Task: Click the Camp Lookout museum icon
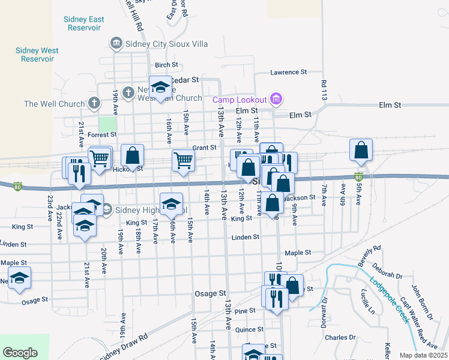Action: point(276,98)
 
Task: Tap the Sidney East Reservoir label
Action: point(83,23)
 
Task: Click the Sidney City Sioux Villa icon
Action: point(116,43)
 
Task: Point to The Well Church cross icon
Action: point(93,104)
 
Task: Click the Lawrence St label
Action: point(289,72)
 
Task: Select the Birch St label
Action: point(166,65)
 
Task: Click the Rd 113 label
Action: point(324,90)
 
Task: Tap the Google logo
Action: point(20,353)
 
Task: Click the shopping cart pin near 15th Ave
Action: point(183,161)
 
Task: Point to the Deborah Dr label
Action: point(387,275)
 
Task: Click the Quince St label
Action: point(250,329)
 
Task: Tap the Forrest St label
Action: point(101,135)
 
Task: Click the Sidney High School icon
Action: point(106,209)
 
